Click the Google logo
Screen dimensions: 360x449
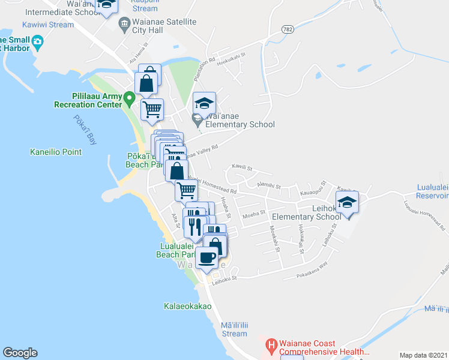tap(20, 353)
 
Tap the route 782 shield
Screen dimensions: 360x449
tap(289, 29)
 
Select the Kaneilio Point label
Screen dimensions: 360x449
tap(56, 152)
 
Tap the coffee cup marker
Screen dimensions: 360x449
tap(207, 257)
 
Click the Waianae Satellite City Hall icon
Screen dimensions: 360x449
tap(125, 25)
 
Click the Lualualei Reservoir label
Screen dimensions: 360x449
tap(432, 191)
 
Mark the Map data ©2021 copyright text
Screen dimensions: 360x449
tap(423, 355)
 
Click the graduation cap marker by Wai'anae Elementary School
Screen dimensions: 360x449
tap(204, 103)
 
